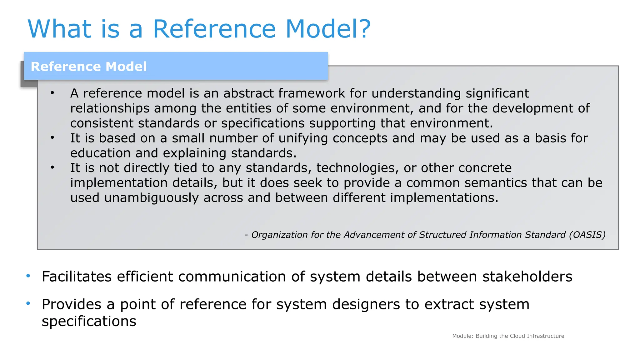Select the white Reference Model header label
click(x=89, y=67)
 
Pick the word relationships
click(x=110, y=108)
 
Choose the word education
click(x=100, y=153)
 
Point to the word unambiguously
click(x=151, y=198)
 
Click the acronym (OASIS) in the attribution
click(x=587, y=235)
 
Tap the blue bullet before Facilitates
click(x=28, y=276)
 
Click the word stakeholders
click(x=527, y=277)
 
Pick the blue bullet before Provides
click(x=28, y=303)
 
